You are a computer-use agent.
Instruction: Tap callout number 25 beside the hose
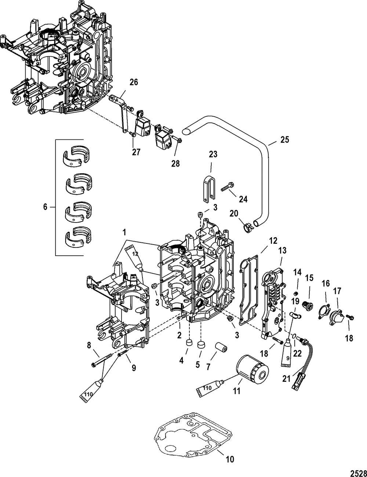point(285,140)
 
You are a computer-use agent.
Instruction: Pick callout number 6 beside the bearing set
point(45,207)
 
